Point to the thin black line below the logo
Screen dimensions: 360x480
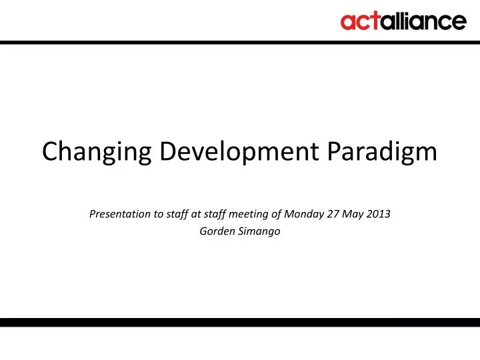point(240,41)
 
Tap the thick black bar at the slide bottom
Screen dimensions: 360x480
point(240,322)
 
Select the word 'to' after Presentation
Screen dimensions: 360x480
point(149,215)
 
